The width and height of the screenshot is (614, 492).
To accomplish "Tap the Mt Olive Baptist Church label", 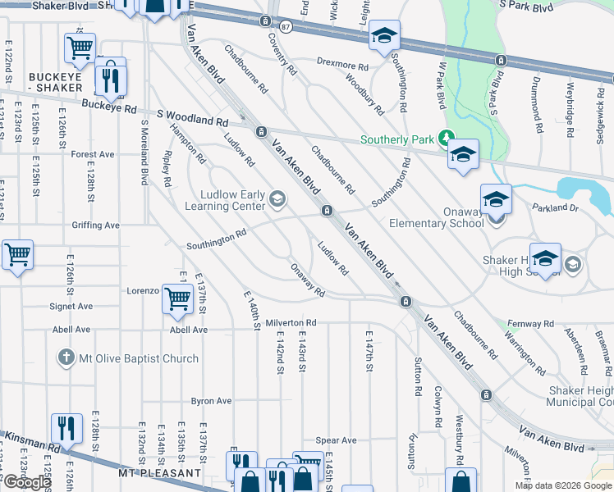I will pos(138,358).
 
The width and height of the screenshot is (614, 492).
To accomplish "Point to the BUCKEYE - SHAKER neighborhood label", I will pos(55,82).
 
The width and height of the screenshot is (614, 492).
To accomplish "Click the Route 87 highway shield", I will pos(285,27).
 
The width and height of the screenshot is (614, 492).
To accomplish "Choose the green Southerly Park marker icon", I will pos(446,139).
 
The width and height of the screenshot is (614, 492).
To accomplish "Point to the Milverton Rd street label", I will pos(290,324).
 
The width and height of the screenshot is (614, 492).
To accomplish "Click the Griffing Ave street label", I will pos(95,225).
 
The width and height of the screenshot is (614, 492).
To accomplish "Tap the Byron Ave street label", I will pos(211,401).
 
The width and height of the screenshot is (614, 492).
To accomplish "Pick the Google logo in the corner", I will pos(27,482).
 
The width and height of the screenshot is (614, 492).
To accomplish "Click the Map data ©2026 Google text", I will pos(562,485).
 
